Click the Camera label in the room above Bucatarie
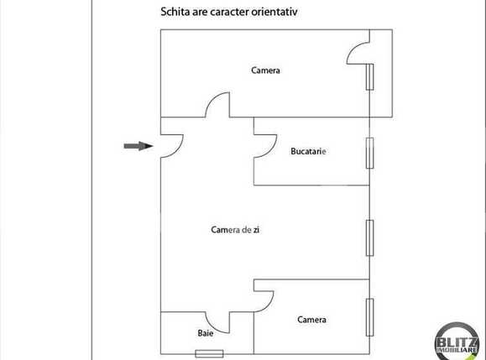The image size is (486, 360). click(x=265, y=70)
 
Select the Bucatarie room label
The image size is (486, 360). click(x=308, y=152)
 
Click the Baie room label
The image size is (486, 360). click(x=206, y=333)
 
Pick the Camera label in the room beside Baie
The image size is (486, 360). click(x=311, y=320)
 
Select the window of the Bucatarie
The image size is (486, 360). click(x=369, y=152)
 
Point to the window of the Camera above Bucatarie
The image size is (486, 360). click(x=369, y=76)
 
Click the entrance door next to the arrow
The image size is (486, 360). click(x=170, y=148)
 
